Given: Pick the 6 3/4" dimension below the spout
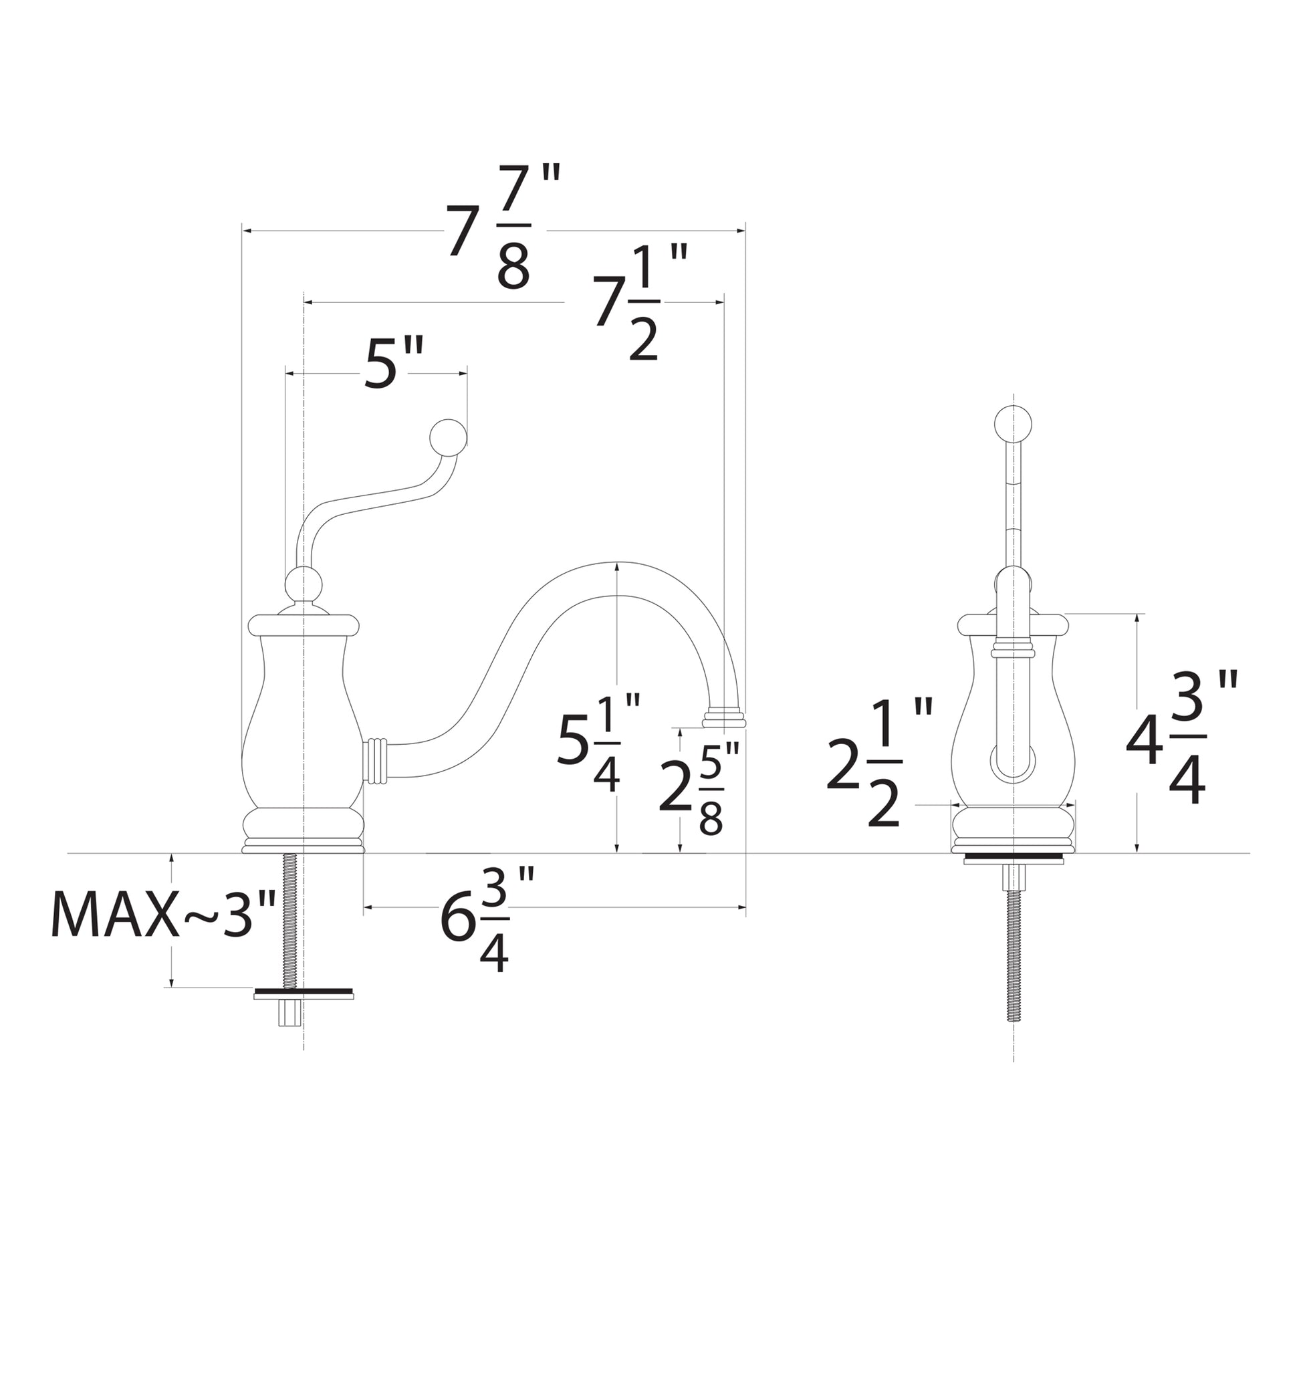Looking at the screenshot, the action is [487, 919].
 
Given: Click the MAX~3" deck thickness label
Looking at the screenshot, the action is [162, 915].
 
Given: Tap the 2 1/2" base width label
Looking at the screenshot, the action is [878, 764].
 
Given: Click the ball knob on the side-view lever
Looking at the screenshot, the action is [447, 436].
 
